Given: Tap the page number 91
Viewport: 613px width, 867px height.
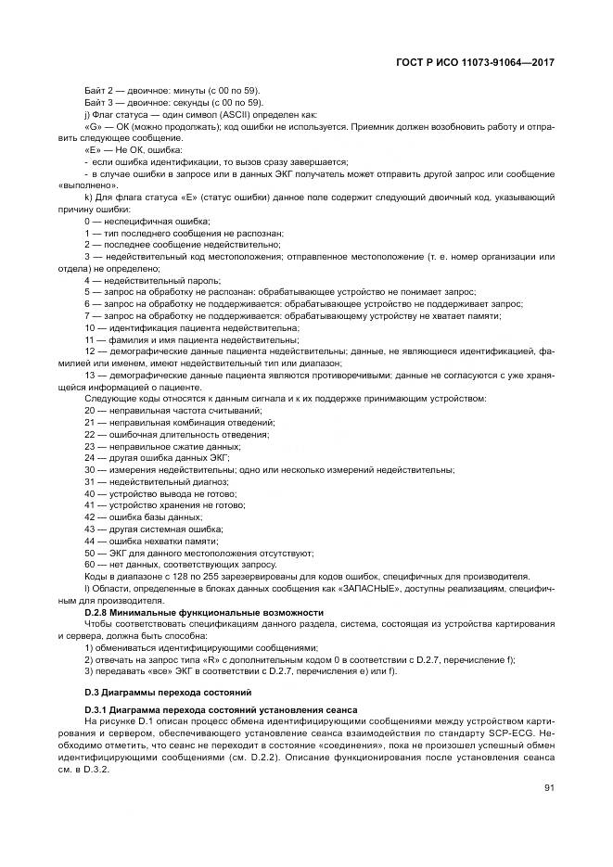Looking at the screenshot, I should (x=548, y=788).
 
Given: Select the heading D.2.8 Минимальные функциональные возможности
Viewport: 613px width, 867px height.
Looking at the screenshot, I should (x=204, y=612).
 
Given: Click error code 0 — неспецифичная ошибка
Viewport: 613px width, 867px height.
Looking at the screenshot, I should (x=147, y=220).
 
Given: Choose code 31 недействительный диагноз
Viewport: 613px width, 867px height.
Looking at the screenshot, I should (x=156, y=481).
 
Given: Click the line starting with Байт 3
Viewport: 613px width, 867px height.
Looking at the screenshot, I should (x=174, y=101).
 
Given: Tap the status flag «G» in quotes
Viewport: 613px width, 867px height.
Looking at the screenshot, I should (x=93, y=125).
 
